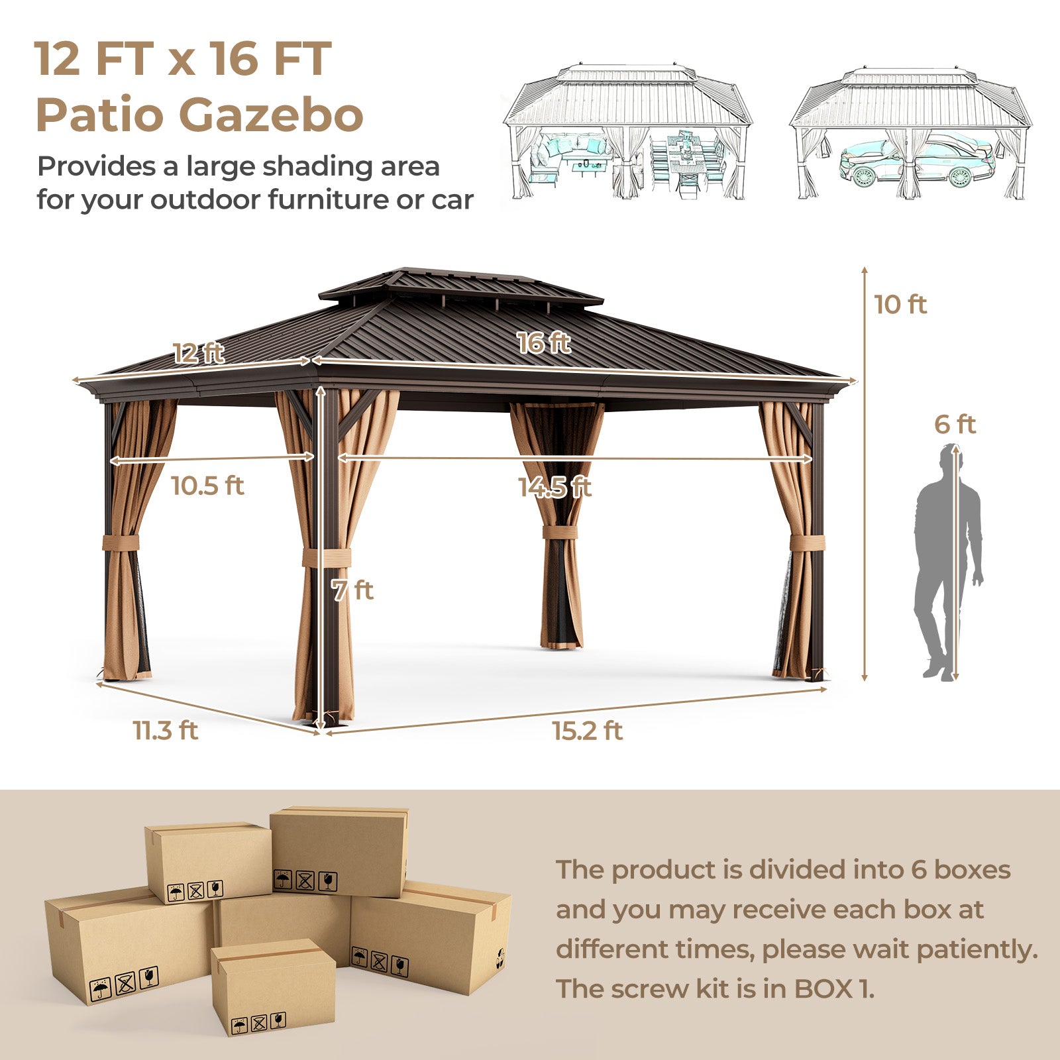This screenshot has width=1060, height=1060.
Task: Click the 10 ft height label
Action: (900, 305)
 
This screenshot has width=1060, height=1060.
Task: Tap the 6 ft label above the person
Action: (955, 424)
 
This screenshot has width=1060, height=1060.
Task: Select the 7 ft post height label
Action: (352, 590)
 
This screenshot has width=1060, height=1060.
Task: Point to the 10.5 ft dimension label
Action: (207, 486)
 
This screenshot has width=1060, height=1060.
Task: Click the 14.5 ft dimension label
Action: (555, 487)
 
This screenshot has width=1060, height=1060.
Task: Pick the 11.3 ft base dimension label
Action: (166, 731)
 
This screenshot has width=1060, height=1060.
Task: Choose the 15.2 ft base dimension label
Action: (588, 731)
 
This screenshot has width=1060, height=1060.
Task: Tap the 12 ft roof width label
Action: (199, 353)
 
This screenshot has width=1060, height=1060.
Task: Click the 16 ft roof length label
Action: (544, 343)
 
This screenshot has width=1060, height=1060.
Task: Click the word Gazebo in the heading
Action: (272, 115)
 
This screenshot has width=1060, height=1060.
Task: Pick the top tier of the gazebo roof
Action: (461, 286)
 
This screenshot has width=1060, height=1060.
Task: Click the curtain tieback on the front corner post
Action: (327, 558)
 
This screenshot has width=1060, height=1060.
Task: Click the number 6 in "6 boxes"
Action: (918, 869)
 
